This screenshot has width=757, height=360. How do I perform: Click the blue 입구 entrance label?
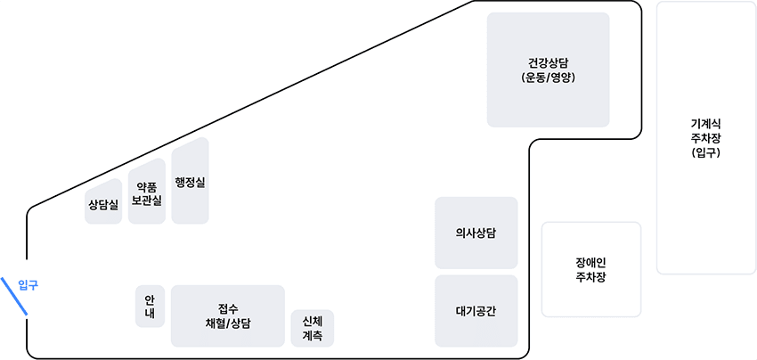tap(28, 285)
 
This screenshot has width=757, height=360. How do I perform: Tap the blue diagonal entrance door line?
tap(15, 296)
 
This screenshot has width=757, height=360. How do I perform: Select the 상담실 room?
tap(103, 204)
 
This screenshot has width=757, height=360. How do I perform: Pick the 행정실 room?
tap(190, 182)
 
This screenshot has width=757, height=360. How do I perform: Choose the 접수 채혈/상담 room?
tap(227, 315)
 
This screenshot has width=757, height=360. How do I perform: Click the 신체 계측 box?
tap(312, 328)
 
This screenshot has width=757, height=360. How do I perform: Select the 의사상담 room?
tap(476, 233)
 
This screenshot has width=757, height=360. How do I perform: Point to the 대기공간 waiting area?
tap(476, 311)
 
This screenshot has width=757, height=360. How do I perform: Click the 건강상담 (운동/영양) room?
tap(548, 70)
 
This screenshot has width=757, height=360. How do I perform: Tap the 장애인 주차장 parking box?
tap(590, 269)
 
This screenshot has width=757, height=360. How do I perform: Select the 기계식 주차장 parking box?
tap(705, 138)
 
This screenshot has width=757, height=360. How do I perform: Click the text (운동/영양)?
tap(548, 78)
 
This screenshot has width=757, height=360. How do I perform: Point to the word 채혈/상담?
tap(227, 323)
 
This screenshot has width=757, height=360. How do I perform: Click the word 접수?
tap(227, 308)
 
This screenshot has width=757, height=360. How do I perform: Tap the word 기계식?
tap(705, 123)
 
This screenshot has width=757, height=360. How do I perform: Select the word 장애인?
tap(590, 262)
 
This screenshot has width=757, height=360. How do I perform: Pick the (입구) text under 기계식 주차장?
tap(705, 153)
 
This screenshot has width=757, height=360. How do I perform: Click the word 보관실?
tap(147, 201)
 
